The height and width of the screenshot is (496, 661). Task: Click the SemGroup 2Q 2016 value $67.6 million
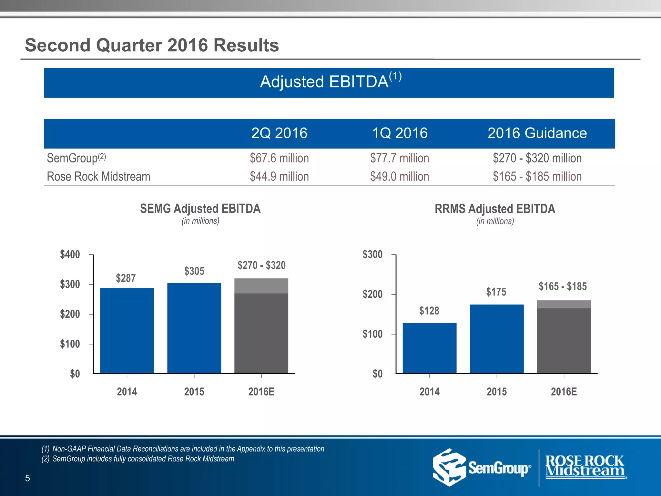tap(279, 158)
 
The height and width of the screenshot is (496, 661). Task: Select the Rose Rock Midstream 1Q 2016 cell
tap(400, 177)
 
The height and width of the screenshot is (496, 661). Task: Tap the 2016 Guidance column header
tap(537, 133)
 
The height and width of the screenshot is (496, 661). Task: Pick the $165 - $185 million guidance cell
tap(537, 177)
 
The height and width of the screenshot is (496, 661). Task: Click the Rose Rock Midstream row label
tap(98, 177)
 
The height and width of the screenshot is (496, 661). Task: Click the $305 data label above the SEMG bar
tap(194, 271)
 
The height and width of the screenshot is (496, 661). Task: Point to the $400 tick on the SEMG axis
tap(70, 254)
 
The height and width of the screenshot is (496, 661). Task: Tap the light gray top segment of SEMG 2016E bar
tap(261, 286)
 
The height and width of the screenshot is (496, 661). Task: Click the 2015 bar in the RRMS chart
tap(497, 339)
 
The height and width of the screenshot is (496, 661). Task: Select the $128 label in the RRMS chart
tap(429, 311)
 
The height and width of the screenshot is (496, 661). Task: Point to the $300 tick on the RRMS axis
tap(372, 254)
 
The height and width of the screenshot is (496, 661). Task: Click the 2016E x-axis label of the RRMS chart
tap(564, 392)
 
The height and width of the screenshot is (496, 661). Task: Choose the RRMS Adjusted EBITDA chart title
tap(495, 209)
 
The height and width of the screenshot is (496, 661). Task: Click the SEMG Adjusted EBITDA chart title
tap(200, 209)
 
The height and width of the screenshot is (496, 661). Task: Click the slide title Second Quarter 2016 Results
tap(152, 45)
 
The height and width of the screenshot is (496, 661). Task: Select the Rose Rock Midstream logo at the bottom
tap(585, 467)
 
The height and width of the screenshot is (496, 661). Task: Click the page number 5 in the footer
tap(27, 478)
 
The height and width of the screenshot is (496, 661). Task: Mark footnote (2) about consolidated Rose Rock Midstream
tap(138, 459)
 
